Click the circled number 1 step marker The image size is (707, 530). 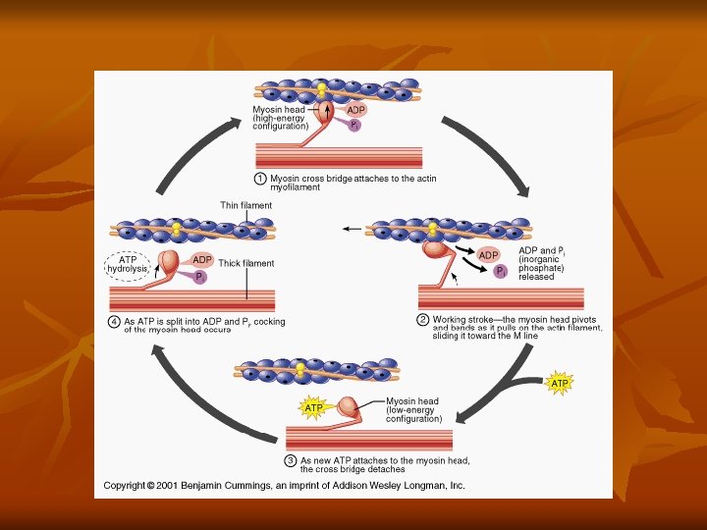coord(260,179)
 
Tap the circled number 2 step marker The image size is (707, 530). coord(423,319)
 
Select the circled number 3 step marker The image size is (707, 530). coord(291,459)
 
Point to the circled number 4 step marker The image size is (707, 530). coord(114,321)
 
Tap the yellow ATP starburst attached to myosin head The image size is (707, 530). coord(313,406)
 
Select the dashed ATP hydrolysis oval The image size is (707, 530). coord(128,264)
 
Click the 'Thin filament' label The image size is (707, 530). coord(245,205)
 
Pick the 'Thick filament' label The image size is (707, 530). coord(246,263)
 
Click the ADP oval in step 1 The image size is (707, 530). coord(356,110)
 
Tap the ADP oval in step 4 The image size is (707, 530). coord(202,259)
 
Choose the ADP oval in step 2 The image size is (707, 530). coord(489,255)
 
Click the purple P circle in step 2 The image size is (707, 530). coord(500,271)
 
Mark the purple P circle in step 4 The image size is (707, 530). coord(199,277)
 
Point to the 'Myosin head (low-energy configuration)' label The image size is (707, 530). coord(413,409)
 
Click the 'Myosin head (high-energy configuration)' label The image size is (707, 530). coord(280,118)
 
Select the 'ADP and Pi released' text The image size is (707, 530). coord(541,263)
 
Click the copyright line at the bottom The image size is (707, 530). coord(284,485)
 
